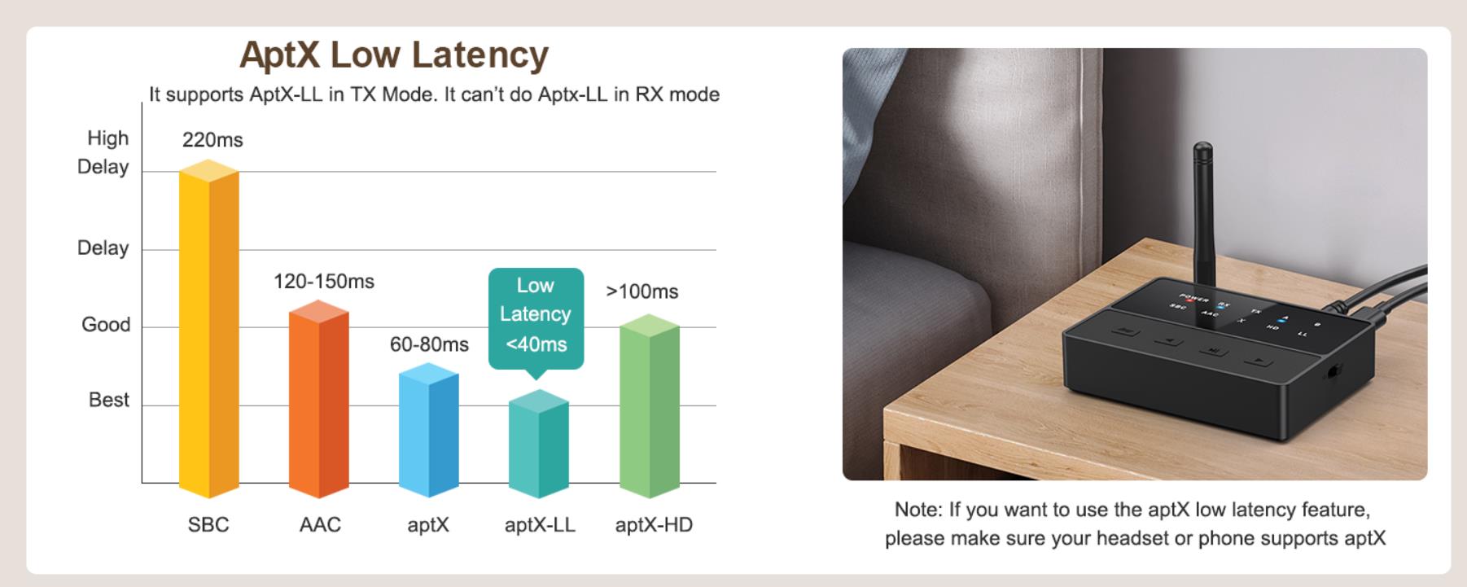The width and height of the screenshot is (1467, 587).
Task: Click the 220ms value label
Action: [212, 140]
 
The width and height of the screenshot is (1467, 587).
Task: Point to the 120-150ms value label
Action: [324, 282]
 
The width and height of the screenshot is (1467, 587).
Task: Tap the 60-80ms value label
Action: [429, 344]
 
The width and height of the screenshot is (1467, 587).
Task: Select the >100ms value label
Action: [642, 291]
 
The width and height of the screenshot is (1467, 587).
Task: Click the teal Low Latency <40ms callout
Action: [536, 315]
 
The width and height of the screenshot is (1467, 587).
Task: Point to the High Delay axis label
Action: [103, 152]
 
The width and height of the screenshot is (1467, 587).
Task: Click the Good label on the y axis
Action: [106, 324]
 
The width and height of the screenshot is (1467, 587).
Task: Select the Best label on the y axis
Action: [109, 400]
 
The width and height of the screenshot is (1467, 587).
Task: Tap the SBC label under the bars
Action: [208, 524]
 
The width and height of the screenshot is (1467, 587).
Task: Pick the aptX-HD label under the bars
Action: [654, 524]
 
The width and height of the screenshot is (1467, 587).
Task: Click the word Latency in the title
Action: [480, 55]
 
